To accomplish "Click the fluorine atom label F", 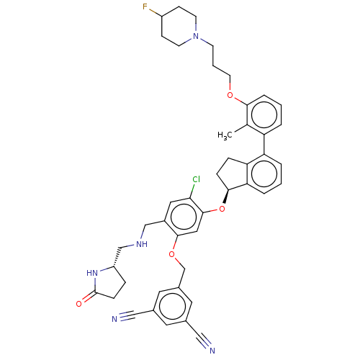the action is pos(145,6).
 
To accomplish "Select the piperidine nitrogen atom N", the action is pos(196,36).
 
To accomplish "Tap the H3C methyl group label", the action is pos(225,135).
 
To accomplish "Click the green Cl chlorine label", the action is pos(196,179).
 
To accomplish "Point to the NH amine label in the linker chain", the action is pos(142,244).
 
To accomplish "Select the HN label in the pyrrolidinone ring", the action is pos(92,273).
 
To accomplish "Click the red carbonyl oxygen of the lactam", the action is pos(78,304).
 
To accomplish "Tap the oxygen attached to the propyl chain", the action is pos(230,95).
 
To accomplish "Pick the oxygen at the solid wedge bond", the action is pos(222,209).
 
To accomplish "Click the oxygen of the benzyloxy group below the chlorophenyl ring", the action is pos(171,254).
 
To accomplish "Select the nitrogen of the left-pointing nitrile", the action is pos(114,319).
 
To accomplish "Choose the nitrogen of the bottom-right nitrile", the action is pos(212,351).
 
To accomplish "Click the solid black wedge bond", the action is pos(226,197).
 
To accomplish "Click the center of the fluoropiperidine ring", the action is pos(179,26).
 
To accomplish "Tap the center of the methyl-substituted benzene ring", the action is pos(264,115).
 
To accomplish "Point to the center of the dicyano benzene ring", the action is pos(173,306).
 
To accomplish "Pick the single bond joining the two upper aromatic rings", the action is pos(264,144).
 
